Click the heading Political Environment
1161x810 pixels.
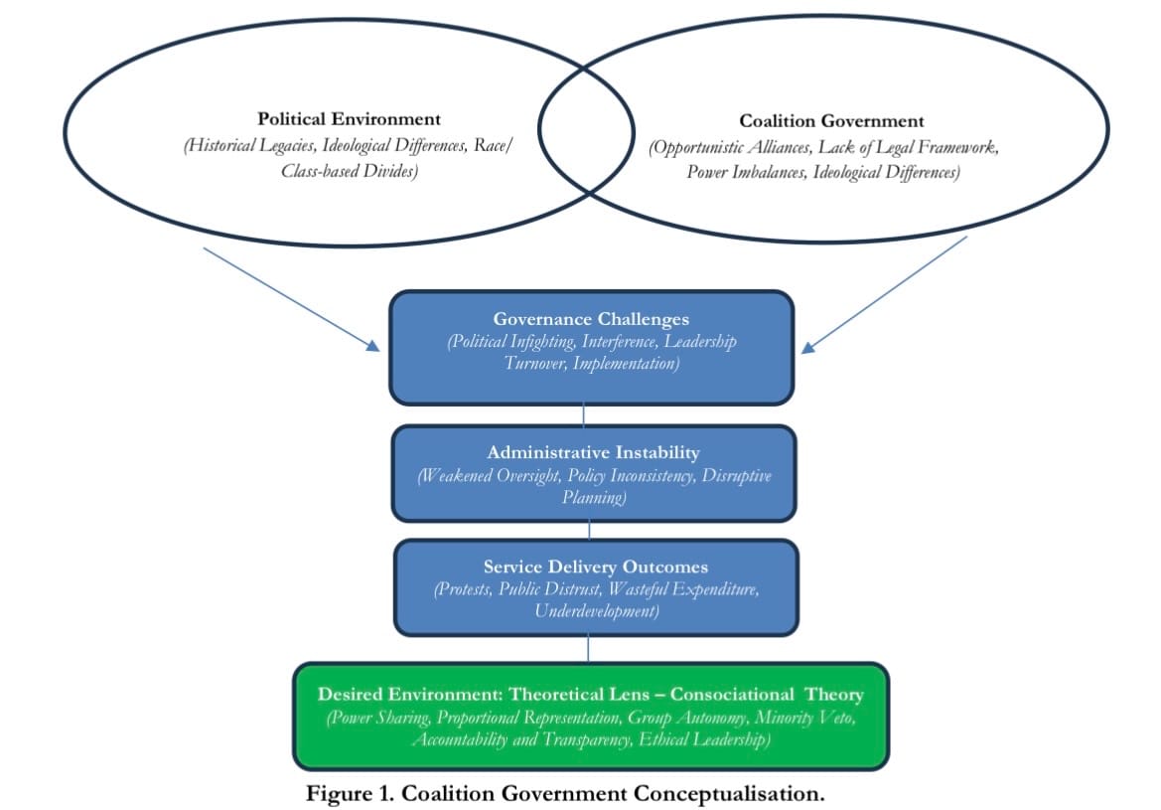coord(349,120)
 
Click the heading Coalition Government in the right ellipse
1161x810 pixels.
coord(830,121)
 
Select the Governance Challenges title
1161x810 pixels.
coord(591,319)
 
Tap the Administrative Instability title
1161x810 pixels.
coord(593,452)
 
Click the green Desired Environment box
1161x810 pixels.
coord(590,716)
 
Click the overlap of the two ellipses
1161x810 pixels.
coord(586,129)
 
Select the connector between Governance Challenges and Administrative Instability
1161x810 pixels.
coord(584,414)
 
